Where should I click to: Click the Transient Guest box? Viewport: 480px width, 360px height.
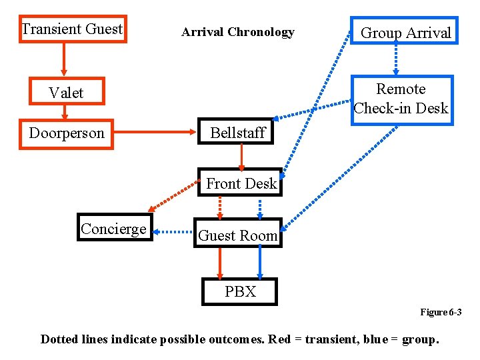[72, 29]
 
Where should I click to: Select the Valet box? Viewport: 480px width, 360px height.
[66, 93]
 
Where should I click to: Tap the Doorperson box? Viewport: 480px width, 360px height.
[67, 133]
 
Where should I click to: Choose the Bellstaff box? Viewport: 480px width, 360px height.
[237, 133]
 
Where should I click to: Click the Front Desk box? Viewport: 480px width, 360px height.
[241, 183]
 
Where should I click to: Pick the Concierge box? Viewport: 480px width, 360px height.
[113, 229]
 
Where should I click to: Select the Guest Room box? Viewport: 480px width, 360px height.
[238, 235]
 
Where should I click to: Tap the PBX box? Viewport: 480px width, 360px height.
[240, 291]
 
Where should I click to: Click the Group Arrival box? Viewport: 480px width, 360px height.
[405, 32]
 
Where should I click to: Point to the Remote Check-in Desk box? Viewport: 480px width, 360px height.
[401, 99]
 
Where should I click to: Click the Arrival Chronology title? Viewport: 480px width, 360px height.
[237, 32]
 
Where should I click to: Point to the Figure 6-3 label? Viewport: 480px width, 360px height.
[440, 312]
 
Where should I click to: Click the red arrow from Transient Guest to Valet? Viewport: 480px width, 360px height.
[64, 59]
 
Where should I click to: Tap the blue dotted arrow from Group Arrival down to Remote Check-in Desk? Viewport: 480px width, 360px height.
[396, 59]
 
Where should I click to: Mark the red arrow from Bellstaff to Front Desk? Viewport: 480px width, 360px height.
[241, 157]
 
